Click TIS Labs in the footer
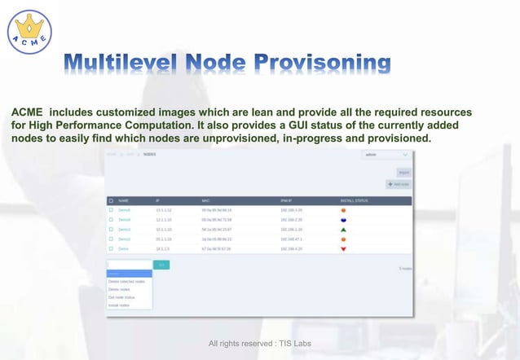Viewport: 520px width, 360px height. click(293, 344)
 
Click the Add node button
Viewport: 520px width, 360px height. click(399, 185)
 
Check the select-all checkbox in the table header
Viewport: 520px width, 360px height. click(111, 200)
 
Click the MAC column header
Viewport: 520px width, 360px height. click(206, 200)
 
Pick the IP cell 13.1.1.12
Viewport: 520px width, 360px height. click(164, 210)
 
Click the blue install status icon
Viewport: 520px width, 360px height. click(343, 220)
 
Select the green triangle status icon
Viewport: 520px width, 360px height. click(343, 230)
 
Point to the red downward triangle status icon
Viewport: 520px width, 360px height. click(343, 248)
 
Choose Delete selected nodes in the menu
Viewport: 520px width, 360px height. click(127, 281)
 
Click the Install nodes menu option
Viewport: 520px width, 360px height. click(120, 305)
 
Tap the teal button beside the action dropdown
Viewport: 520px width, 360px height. click(161, 265)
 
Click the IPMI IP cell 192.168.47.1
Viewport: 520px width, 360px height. click(292, 239)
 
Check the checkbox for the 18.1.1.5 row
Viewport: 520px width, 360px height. click(111, 248)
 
